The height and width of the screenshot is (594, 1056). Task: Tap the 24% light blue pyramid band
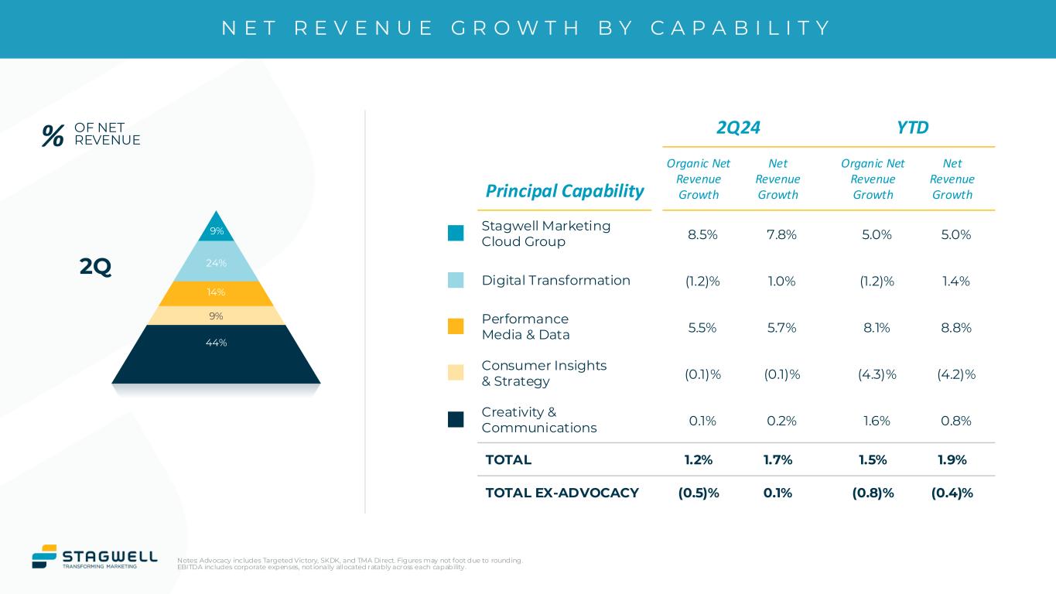point(216,263)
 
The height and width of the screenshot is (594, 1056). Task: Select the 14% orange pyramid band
point(216,292)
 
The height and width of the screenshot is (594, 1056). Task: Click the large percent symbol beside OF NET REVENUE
point(53,136)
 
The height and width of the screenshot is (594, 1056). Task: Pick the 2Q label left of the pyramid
point(96,267)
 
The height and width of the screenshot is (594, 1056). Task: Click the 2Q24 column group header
point(738,128)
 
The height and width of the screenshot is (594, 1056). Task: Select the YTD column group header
point(912,128)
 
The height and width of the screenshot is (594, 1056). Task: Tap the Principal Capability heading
point(565,191)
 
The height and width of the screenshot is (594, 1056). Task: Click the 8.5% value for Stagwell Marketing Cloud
point(702,234)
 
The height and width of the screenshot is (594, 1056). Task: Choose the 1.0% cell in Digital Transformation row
point(777,281)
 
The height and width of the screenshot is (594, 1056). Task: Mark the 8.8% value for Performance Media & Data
point(952,327)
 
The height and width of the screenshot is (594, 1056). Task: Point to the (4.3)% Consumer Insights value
point(877,374)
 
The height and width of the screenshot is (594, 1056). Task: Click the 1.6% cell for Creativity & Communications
point(874,421)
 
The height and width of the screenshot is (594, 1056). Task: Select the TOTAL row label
point(508,459)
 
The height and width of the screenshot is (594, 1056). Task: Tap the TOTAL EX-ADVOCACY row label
point(562,493)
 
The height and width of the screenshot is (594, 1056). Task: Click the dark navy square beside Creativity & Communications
point(456,419)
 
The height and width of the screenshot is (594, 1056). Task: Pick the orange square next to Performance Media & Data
point(456,326)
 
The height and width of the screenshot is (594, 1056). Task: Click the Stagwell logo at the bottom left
point(94,557)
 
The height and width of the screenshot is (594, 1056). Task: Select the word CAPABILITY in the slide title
point(740,29)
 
